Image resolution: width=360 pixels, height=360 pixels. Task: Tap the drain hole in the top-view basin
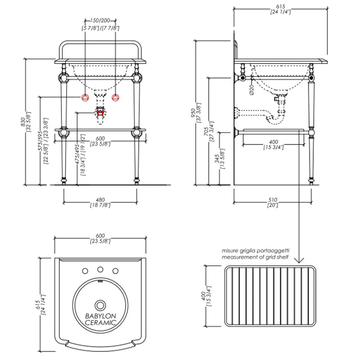(100, 304)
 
